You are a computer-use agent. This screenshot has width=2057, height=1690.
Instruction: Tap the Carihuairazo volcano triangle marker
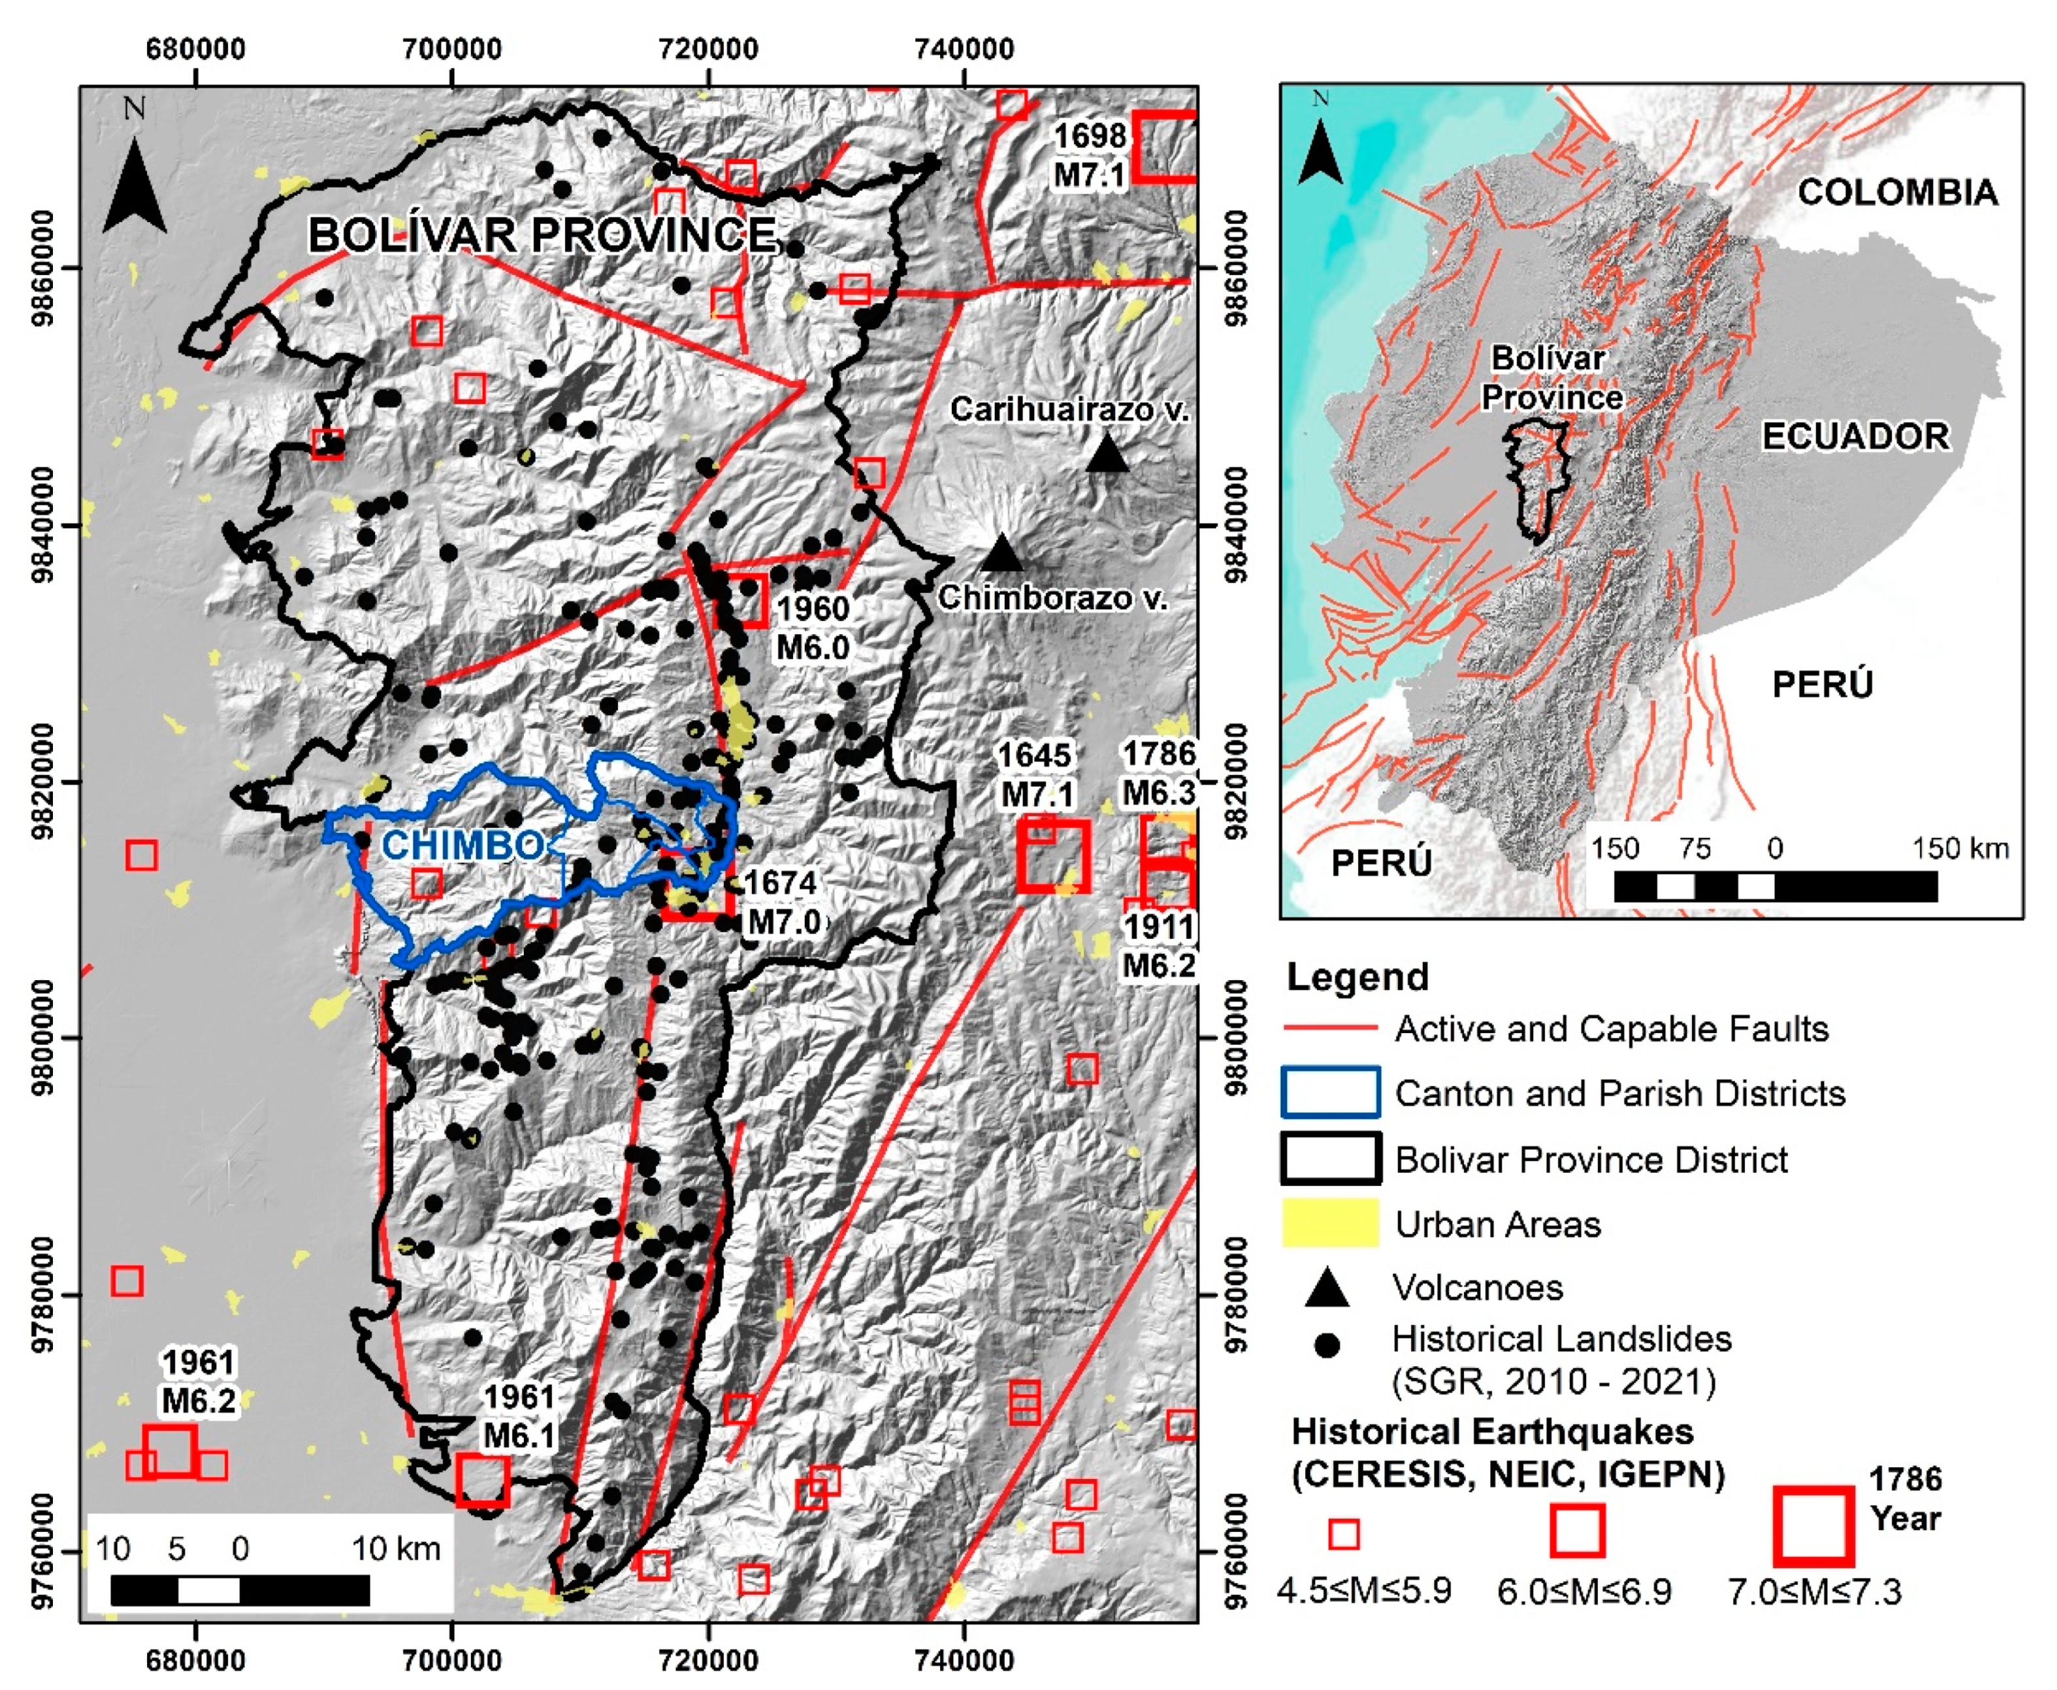1107,454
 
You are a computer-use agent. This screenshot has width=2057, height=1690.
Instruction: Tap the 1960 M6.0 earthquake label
813,628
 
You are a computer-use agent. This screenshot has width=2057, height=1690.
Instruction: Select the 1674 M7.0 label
782,901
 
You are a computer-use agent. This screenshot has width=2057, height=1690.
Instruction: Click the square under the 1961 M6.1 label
482,1480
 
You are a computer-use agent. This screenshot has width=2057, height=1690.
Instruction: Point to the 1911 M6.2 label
1158,946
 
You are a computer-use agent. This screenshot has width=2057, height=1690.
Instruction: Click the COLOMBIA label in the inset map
1896,193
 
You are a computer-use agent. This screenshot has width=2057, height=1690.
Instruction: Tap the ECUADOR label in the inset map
1855,436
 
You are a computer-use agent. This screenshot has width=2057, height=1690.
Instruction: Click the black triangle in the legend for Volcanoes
1327,1290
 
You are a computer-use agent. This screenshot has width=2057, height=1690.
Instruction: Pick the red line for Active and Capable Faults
1329,1028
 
